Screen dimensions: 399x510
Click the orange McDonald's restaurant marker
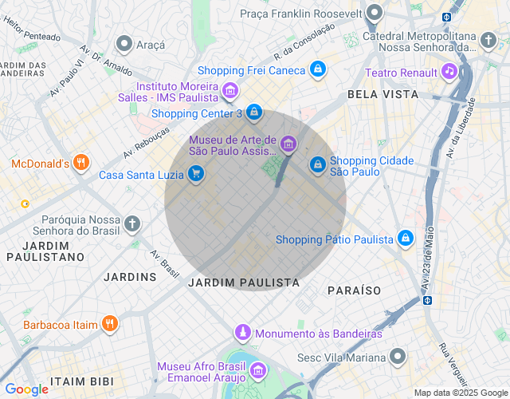click(80, 164)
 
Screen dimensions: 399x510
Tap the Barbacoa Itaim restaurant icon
click(110, 324)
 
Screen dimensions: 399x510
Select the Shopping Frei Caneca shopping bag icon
click(318, 69)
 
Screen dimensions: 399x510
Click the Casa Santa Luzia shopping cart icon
click(196, 174)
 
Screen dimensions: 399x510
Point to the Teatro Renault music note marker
click(449, 73)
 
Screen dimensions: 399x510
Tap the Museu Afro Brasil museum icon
click(257, 371)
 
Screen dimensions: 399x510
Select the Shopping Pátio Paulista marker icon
click(406, 239)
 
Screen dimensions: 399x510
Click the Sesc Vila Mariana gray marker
click(397, 356)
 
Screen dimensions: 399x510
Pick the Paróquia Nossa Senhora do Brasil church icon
click(132, 223)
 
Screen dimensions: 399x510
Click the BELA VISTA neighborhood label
click(382, 94)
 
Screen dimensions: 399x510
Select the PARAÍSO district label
click(354, 290)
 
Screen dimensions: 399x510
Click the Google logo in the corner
click(26, 389)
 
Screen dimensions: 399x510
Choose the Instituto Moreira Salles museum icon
click(229, 91)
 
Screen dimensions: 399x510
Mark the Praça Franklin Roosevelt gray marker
click(375, 14)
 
